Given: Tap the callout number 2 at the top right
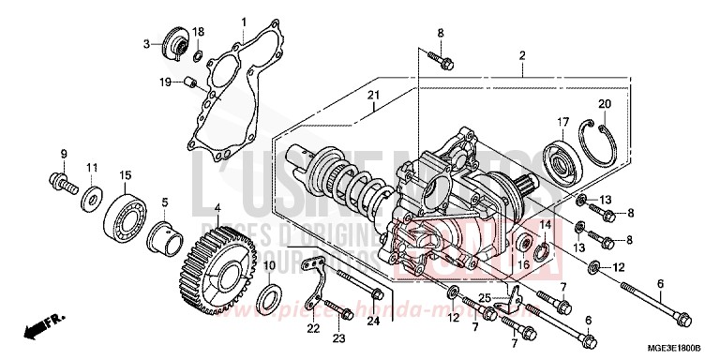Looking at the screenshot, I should (x=521, y=55).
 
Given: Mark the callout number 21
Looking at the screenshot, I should (x=371, y=96).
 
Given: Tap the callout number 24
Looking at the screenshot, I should (x=373, y=322).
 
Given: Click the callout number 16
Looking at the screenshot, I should (x=524, y=265).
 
